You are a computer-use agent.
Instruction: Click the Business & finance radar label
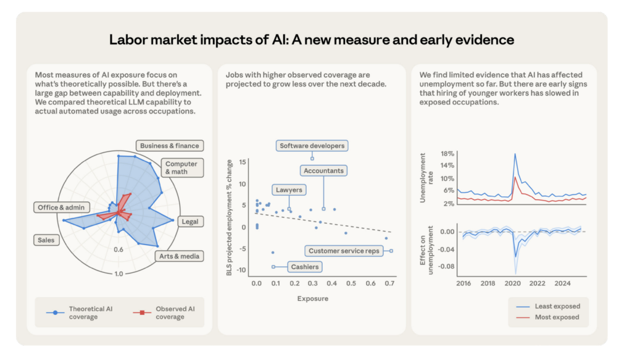(170, 146)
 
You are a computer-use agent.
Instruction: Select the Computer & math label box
(181, 168)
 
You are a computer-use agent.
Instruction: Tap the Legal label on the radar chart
(189, 221)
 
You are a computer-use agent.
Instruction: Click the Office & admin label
(60, 207)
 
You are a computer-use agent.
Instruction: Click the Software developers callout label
(312, 146)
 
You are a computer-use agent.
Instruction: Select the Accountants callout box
(323, 170)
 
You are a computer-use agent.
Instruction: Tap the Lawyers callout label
(289, 190)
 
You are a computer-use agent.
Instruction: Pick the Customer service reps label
(344, 251)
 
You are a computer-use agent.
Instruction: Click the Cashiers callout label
(305, 267)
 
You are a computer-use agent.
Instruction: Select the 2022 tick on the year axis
(537, 283)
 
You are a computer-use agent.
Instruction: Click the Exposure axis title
(313, 298)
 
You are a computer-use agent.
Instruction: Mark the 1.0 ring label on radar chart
(118, 274)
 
